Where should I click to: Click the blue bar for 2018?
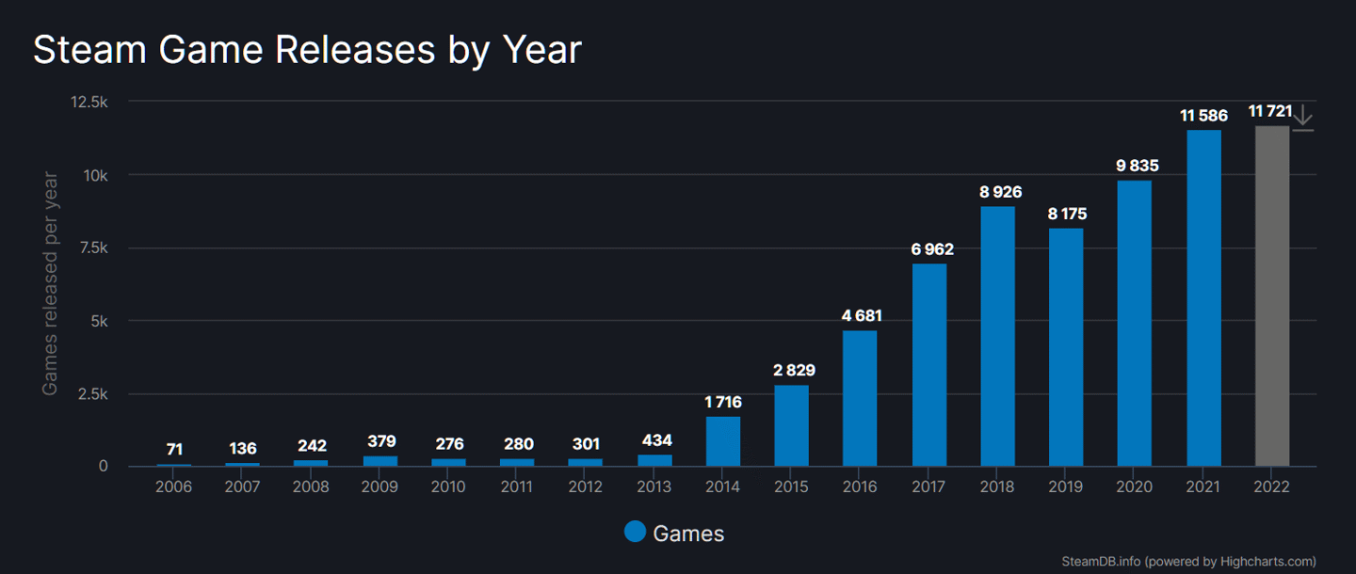(x=997, y=336)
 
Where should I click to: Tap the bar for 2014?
(x=723, y=441)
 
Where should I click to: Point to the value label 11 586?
(x=1203, y=116)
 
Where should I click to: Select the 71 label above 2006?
(x=174, y=449)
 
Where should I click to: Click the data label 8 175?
(x=1066, y=215)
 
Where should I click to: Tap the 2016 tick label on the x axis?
(x=860, y=486)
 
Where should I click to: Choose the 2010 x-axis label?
(x=449, y=486)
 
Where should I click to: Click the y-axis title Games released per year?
(x=50, y=282)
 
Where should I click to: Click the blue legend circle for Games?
(x=636, y=532)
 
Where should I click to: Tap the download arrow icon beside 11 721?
(x=1302, y=117)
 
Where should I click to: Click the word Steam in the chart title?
(x=89, y=50)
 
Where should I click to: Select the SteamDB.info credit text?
(x=1101, y=561)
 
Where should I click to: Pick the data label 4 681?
(x=861, y=316)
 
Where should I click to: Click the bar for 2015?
(x=792, y=425)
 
